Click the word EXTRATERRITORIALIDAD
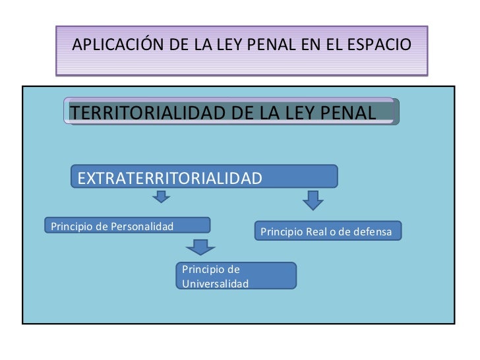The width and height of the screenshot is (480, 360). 170,178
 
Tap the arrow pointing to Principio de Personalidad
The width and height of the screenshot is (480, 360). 161,197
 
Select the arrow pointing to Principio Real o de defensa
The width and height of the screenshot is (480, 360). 313,199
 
